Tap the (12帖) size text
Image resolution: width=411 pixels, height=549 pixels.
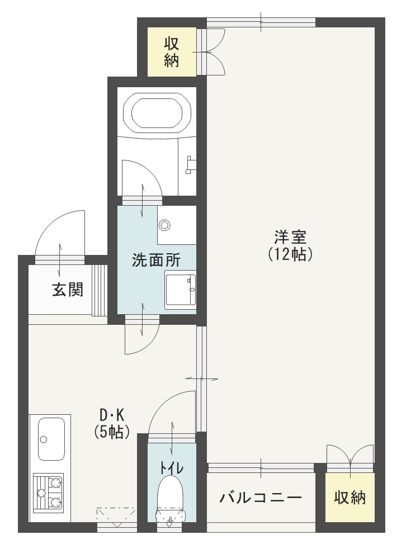tap(290, 254)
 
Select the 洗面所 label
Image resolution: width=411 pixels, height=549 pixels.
tap(148, 260)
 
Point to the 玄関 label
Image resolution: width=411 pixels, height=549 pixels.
tap(68, 289)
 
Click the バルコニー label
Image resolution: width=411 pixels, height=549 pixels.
tap(261, 497)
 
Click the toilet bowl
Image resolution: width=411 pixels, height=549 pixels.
tap(170, 492)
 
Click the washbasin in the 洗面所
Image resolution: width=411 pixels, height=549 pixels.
tap(181, 289)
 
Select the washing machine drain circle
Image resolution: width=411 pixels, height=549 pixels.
tap(164, 225)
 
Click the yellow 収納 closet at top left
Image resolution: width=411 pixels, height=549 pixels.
tap(172, 52)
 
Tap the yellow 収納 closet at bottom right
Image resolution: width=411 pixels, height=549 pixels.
tap(350, 497)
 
